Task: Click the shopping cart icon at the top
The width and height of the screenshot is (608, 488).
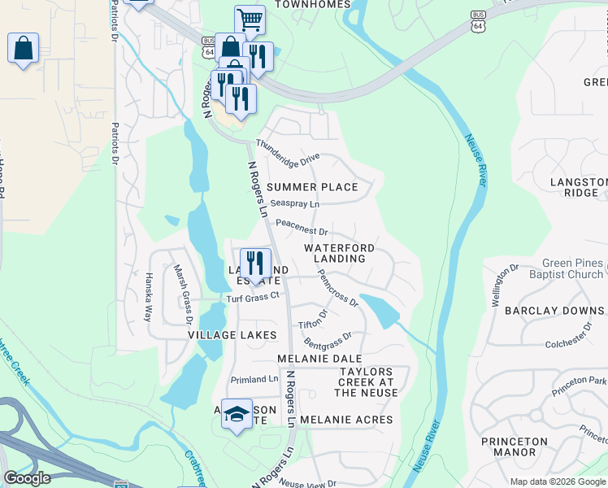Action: click(250, 20)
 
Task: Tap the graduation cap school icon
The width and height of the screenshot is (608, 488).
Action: click(237, 415)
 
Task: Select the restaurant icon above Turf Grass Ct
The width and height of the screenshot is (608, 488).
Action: click(255, 264)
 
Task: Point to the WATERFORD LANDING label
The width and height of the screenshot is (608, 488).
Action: click(340, 253)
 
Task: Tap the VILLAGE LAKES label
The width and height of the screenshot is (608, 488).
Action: click(232, 335)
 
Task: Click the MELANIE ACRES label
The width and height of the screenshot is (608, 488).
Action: click(346, 420)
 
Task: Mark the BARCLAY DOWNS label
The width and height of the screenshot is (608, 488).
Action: click(554, 311)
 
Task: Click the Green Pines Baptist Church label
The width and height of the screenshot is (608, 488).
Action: click(562, 268)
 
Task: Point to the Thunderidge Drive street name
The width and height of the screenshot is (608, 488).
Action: click(288, 152)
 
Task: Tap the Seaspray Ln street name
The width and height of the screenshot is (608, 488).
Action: click(294, 203)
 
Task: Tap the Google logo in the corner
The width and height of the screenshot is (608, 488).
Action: click(27, 478)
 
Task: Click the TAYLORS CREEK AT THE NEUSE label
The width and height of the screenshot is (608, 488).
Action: click(366, 382)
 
